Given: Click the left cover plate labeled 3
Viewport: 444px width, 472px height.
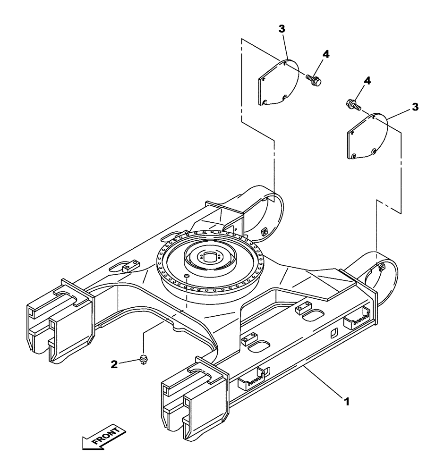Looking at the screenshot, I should pos(279,82).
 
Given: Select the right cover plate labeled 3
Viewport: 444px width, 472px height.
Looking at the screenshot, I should pos(367,136).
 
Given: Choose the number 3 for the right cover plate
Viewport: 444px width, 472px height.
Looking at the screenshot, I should pos(415,107).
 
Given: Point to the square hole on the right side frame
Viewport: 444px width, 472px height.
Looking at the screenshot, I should pos(334,334).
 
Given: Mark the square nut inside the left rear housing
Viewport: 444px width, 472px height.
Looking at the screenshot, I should pos(264,231).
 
